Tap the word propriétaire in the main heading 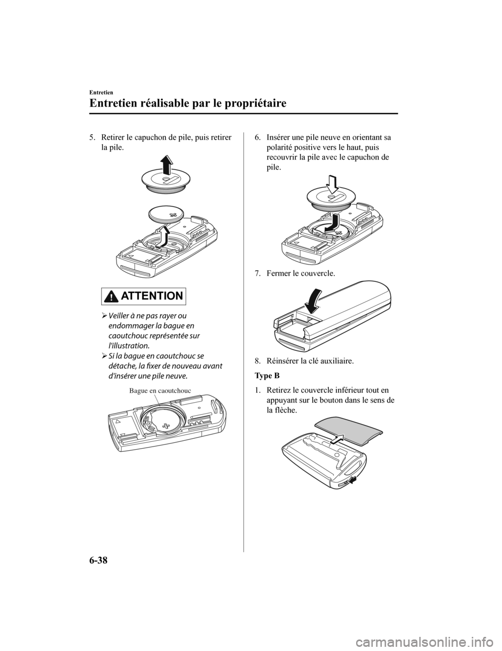[252, 103]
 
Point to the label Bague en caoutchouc [160, 391]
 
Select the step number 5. [92, 138]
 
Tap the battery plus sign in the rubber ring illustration [166, 426]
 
